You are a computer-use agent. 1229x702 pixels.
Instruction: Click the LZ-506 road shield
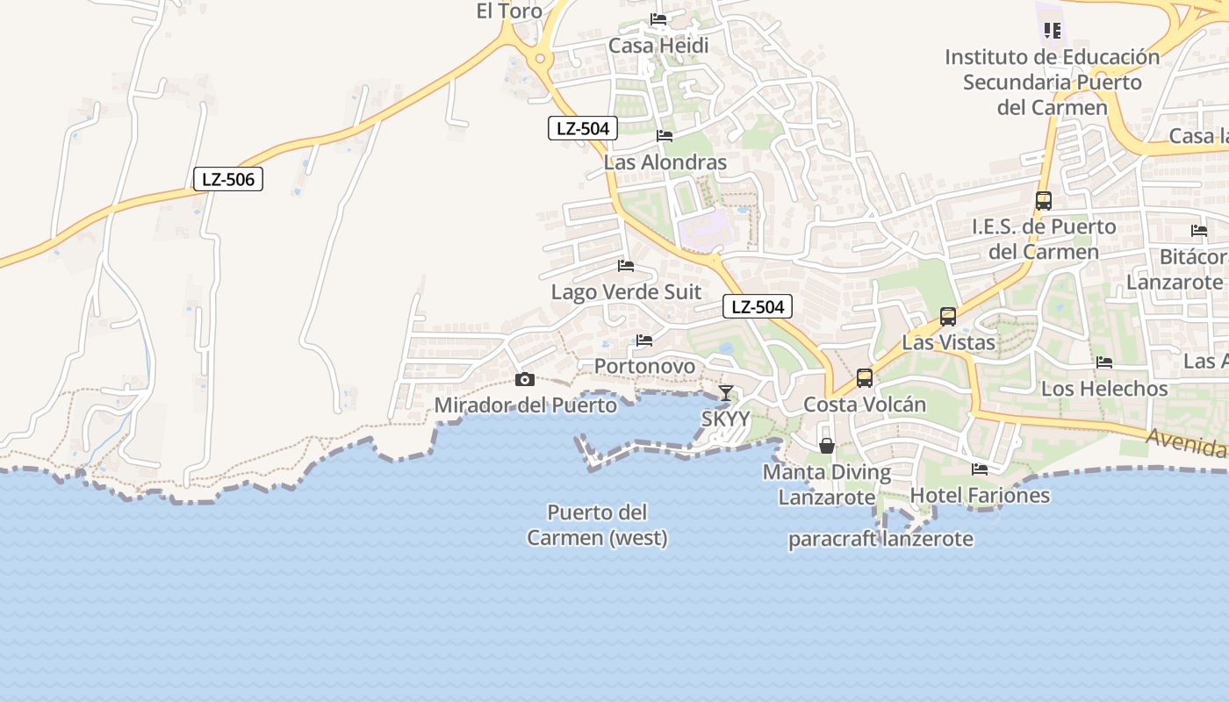pos(228,180)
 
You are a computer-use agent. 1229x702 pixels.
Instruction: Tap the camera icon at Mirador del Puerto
pos(525,379)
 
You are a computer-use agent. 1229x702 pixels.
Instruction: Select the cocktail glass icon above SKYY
pos(725,392)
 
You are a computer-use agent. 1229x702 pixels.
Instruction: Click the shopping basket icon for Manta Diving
pos(826,446)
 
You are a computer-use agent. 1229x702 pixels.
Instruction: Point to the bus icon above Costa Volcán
pos(865,378)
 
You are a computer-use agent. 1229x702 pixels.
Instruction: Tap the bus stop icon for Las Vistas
pos(948,317)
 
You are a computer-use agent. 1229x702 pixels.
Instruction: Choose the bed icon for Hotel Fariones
pos(980,469)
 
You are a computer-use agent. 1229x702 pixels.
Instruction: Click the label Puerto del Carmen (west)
pos(597,525)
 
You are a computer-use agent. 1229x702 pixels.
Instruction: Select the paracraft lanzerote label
pos(880,539)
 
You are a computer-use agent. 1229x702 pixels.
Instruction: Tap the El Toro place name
pos(509,11)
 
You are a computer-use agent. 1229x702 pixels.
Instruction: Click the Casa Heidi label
pos(658,46)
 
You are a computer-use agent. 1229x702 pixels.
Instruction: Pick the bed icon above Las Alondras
pos(665,136)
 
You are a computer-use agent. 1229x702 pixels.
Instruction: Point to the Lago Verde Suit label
pos(626,291)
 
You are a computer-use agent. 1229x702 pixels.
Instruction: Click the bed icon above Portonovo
pos(644,340)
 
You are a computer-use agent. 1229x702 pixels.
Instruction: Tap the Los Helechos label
pos(1104,388)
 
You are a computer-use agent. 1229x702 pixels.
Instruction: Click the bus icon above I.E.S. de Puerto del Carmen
pos(1043,201)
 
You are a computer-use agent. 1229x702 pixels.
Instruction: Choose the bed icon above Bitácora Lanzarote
pos(1199,231)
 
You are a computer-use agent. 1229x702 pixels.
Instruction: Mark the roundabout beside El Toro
pos(540,60)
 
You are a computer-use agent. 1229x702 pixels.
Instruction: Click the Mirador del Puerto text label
pos(525,405)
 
